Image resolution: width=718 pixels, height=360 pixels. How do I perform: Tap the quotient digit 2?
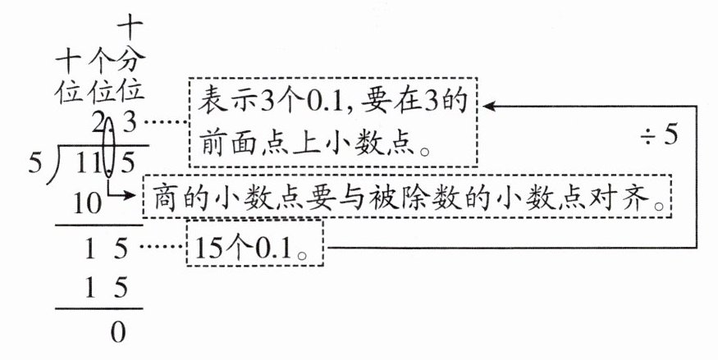tap(99, 125)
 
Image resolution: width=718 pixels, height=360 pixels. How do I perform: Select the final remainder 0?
tap(119, 333)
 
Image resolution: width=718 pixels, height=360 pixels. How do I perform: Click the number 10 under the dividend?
tap(88, 203)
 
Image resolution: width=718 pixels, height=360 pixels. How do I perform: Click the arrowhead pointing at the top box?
tap(489, 106)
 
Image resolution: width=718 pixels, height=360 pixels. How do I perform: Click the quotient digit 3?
tap(129, 125)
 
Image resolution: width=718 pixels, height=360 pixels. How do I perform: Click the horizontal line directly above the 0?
tap(98, 309)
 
